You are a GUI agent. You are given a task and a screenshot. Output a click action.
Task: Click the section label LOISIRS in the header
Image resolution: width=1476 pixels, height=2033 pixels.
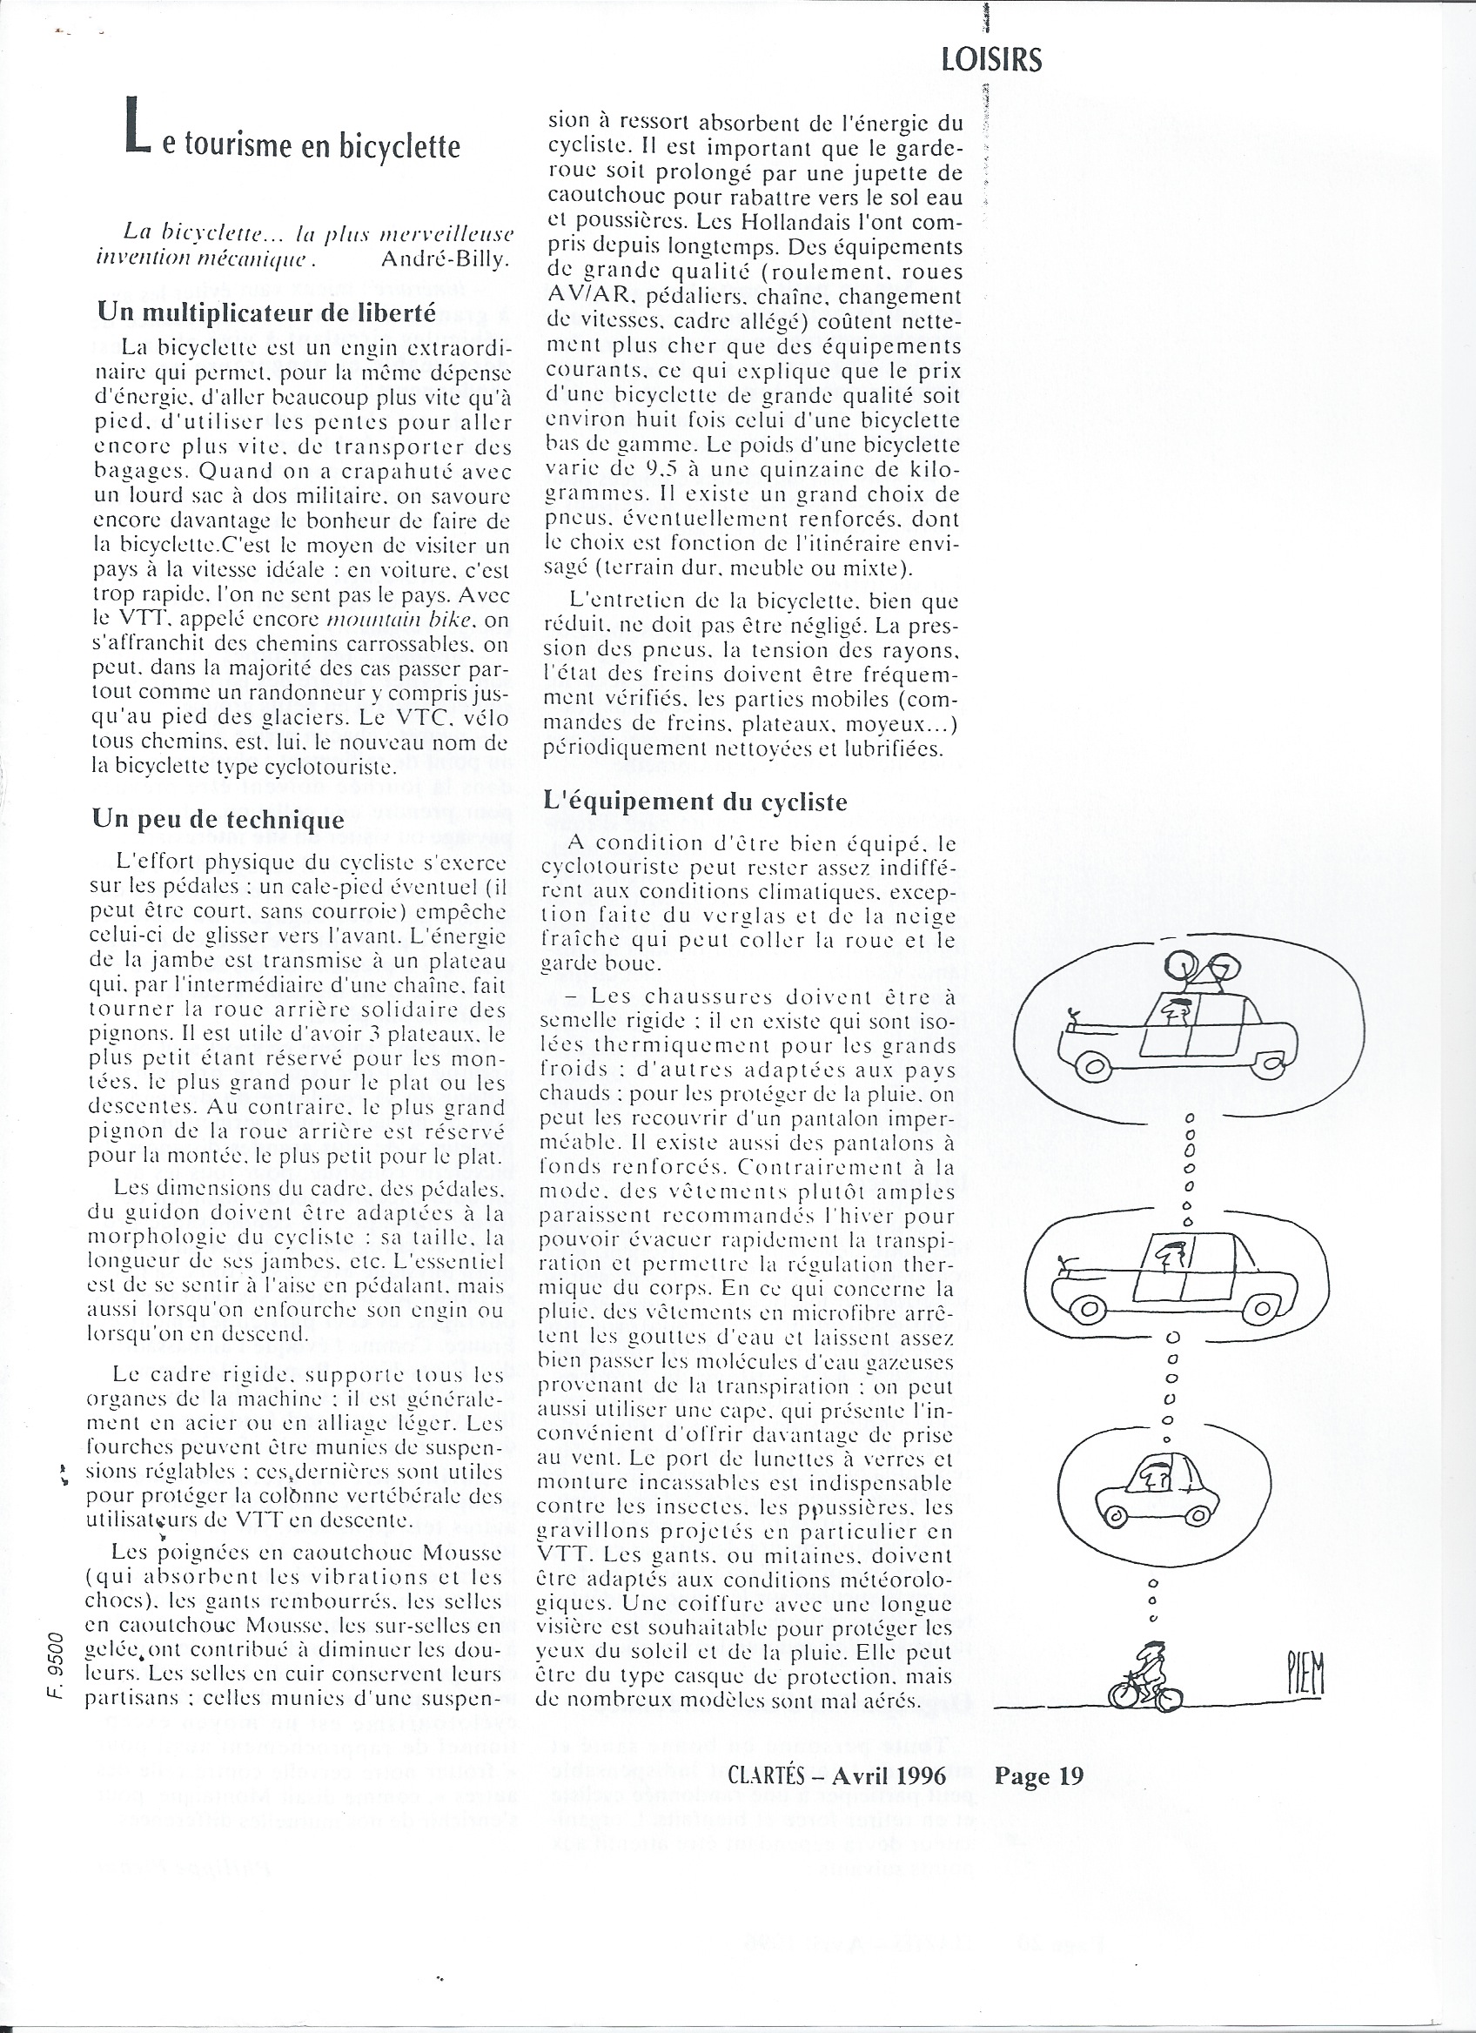click(992, 60)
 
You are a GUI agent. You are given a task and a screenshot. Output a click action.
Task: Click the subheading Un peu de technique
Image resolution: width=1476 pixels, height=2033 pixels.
click(218, 819)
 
